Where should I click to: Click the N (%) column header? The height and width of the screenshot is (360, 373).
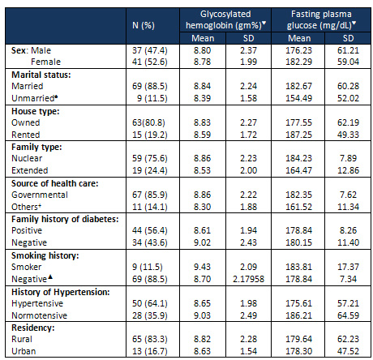click(144, 25)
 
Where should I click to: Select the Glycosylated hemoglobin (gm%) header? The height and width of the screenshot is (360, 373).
click(225, 19)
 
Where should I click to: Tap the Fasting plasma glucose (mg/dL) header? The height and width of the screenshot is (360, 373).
click(321, 19)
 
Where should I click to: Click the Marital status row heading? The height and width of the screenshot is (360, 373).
click(41, 75)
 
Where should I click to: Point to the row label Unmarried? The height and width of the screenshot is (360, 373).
click(35, 98)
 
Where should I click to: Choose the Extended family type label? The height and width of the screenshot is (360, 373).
click(30, 170)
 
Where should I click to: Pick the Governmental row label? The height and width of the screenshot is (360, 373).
click(40, 195)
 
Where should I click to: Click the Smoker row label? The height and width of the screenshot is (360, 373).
click(27, 267)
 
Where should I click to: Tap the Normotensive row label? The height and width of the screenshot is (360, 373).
click(40, 315)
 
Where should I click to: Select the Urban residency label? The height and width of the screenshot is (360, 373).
click(24, 351)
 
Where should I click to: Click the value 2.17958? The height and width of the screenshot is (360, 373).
click(248, 279)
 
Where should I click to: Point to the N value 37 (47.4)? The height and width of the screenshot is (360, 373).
click(150, 50)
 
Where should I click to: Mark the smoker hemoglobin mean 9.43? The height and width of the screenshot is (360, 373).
click(202, 267)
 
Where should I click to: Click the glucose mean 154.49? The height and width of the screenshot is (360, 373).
click(299, 98)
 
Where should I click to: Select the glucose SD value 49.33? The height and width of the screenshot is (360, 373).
click(348, 135)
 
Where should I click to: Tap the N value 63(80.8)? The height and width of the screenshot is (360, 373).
click(148, 122)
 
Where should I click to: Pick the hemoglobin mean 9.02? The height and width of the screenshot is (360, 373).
click(202, 242)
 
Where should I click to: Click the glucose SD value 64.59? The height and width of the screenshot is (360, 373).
click(348, 315)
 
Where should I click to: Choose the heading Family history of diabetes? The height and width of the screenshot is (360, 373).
click(65, 219)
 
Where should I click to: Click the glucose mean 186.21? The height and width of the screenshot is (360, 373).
click(299, 315)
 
